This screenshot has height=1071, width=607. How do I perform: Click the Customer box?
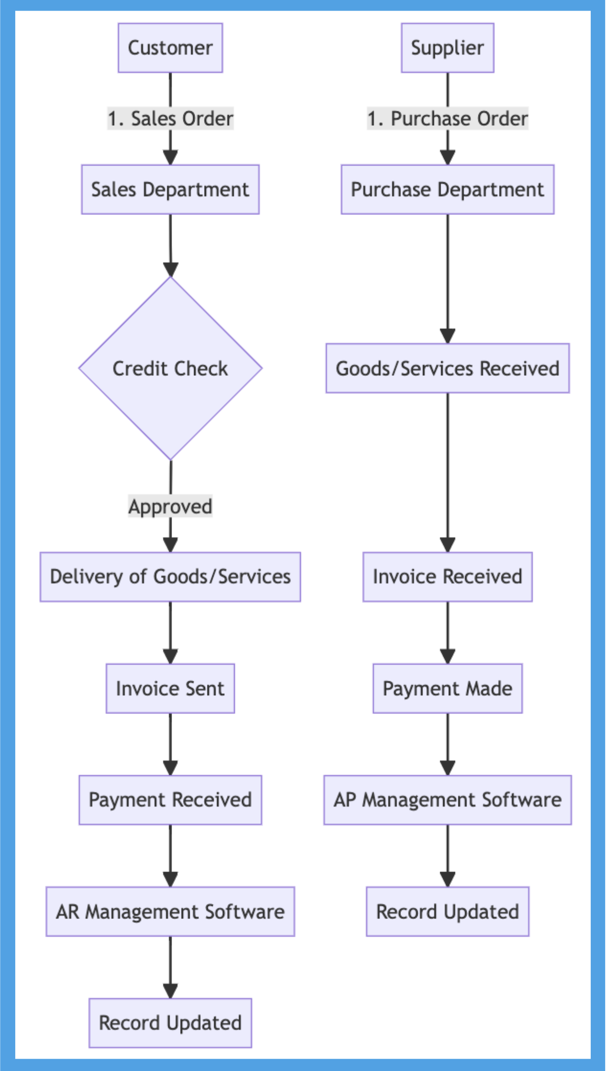[170, 48]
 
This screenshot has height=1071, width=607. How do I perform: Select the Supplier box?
[447, 48]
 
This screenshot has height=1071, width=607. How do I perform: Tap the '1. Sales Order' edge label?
[170, 119]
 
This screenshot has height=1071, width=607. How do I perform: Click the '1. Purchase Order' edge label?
[447, 119]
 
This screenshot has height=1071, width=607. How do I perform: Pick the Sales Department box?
[170, 189]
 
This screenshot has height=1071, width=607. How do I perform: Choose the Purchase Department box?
[447, 189]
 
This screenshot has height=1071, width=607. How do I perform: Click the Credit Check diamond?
[170, 368]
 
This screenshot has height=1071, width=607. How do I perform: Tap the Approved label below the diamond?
[170, 506]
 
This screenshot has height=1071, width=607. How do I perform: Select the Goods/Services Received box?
[447, 368]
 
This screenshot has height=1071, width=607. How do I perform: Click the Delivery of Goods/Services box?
[170, 577]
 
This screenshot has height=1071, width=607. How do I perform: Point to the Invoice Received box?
[447, 577]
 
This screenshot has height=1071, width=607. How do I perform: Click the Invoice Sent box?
[170, 688]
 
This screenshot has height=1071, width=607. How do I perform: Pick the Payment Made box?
[447, 688]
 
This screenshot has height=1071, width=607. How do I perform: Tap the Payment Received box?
[170, 800]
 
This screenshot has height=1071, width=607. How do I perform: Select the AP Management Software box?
[447, 800]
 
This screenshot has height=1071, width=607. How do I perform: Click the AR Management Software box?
[170, 912]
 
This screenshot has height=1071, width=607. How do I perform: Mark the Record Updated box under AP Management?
[447, 912]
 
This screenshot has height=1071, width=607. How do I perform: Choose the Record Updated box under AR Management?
[170, 1023]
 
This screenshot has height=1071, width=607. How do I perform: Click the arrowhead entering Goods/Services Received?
[447, 337]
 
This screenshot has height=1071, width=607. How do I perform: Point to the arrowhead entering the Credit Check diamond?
[170, 270]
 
